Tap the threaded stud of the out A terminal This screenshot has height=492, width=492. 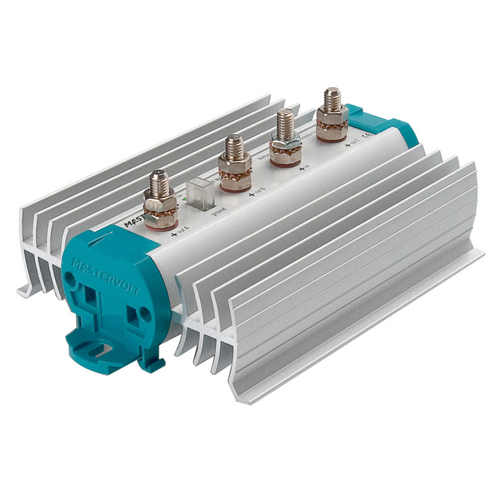[159, 184]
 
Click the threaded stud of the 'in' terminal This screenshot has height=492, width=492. [285, 123]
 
